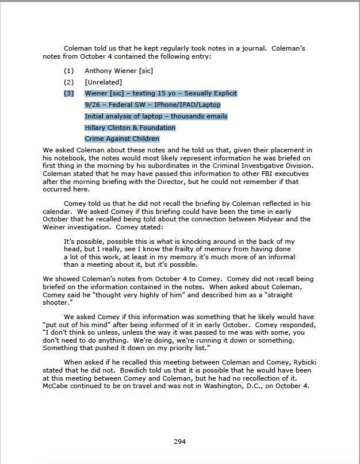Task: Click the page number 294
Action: [179, 442]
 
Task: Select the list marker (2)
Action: [68, 82]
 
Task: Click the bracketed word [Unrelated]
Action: [104, 82]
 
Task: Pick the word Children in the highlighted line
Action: [144, 139]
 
